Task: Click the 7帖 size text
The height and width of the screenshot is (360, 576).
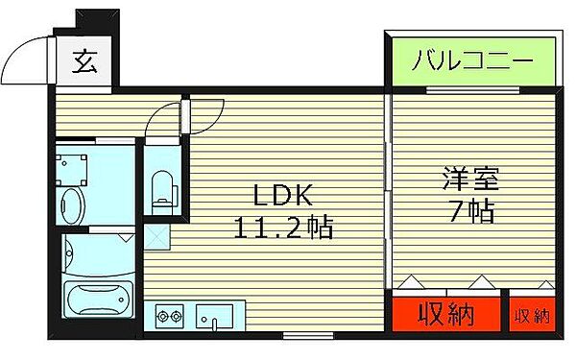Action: click(469, 211)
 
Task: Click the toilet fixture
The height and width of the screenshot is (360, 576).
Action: click(161, 188)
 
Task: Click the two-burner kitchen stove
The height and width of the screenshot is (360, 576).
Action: click(170, 315)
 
